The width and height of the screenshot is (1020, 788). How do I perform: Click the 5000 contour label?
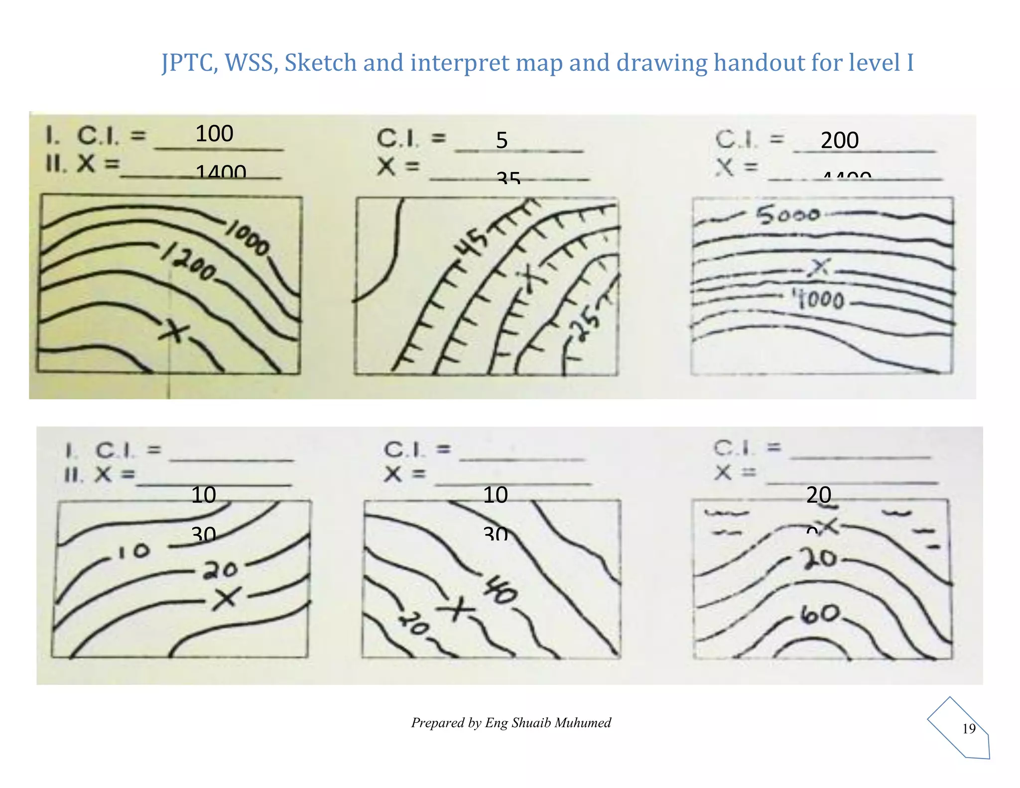[x=787, y=215]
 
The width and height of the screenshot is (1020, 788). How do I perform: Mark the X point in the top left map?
[x=173, y=330]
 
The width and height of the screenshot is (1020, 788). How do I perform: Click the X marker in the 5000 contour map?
[x=819, y=268]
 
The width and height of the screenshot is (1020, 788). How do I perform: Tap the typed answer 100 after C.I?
[x=214, y=133]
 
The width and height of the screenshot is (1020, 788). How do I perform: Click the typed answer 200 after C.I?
[x=840, y=140]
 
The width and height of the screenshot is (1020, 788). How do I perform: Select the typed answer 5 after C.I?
[x=502, y=140]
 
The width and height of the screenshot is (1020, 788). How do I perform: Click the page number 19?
[x=969, y=729]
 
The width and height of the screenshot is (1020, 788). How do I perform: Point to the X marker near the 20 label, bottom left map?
[x=227, y=597]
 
